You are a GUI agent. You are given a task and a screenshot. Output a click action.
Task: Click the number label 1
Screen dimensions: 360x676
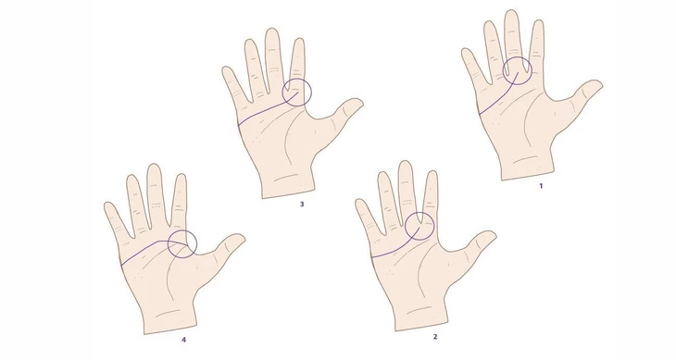(541, 186)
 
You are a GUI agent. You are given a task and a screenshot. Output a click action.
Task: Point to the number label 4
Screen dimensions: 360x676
(183, 340)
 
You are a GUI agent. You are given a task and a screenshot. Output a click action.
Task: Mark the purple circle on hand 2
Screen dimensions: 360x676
(419, 226)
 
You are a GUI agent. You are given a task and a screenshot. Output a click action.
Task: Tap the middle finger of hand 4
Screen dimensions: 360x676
(156, 190)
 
